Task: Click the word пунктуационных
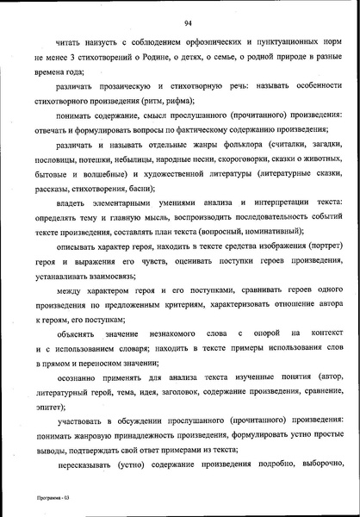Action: [x=291, y=40]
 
